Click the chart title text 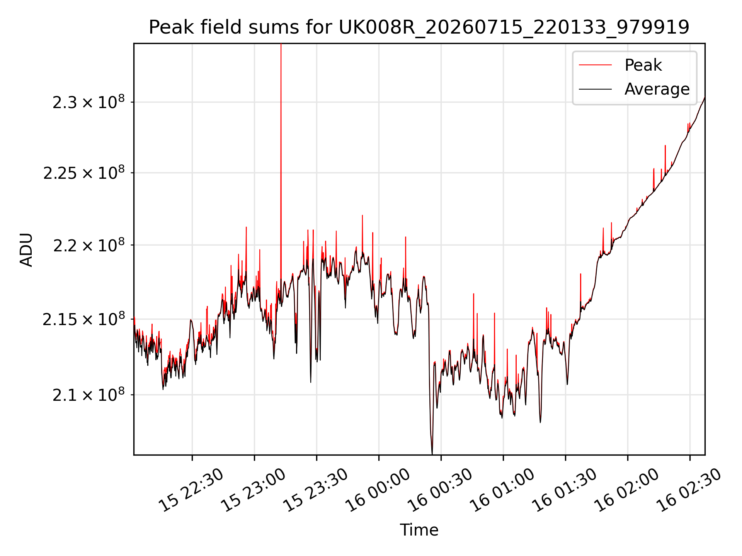point(419,27)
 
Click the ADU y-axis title point(26,249)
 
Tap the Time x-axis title point(419,530)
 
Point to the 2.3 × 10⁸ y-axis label point(89,102)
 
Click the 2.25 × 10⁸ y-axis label point(84,173)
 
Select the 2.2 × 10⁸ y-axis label point(89,245)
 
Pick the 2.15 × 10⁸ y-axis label point(84,319)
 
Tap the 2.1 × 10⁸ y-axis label point(89,395)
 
